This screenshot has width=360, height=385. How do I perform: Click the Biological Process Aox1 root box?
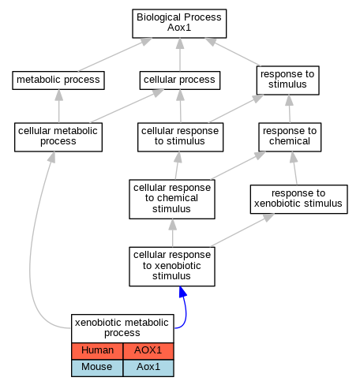(179, 24)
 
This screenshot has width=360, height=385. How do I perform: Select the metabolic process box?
(58, 80)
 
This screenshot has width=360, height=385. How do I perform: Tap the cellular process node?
(180, 80)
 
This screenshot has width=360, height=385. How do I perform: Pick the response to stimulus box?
(288, 80)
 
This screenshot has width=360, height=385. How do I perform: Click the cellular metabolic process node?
(58, 137)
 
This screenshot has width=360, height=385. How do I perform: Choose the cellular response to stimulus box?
(180, 137)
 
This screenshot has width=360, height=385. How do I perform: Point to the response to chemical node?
(290, 137)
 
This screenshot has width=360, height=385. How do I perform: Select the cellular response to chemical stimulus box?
(172, 199)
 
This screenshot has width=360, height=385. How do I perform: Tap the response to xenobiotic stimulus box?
(298, 199)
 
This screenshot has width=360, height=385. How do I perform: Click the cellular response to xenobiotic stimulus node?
(172, 267)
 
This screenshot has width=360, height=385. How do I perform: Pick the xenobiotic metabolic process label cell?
(122, 328)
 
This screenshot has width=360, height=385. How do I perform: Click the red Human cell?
(97, 351)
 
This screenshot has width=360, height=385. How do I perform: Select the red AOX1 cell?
(148, 351)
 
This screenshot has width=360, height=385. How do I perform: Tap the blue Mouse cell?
(97, 368)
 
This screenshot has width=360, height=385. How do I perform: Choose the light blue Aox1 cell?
(148, 368)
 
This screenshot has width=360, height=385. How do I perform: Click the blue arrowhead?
(183, 292)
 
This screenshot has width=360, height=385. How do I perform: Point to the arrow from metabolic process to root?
(115, 54)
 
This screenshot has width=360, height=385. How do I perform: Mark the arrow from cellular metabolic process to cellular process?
(127, 106)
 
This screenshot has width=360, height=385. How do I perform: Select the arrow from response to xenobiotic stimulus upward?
(294, 168)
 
